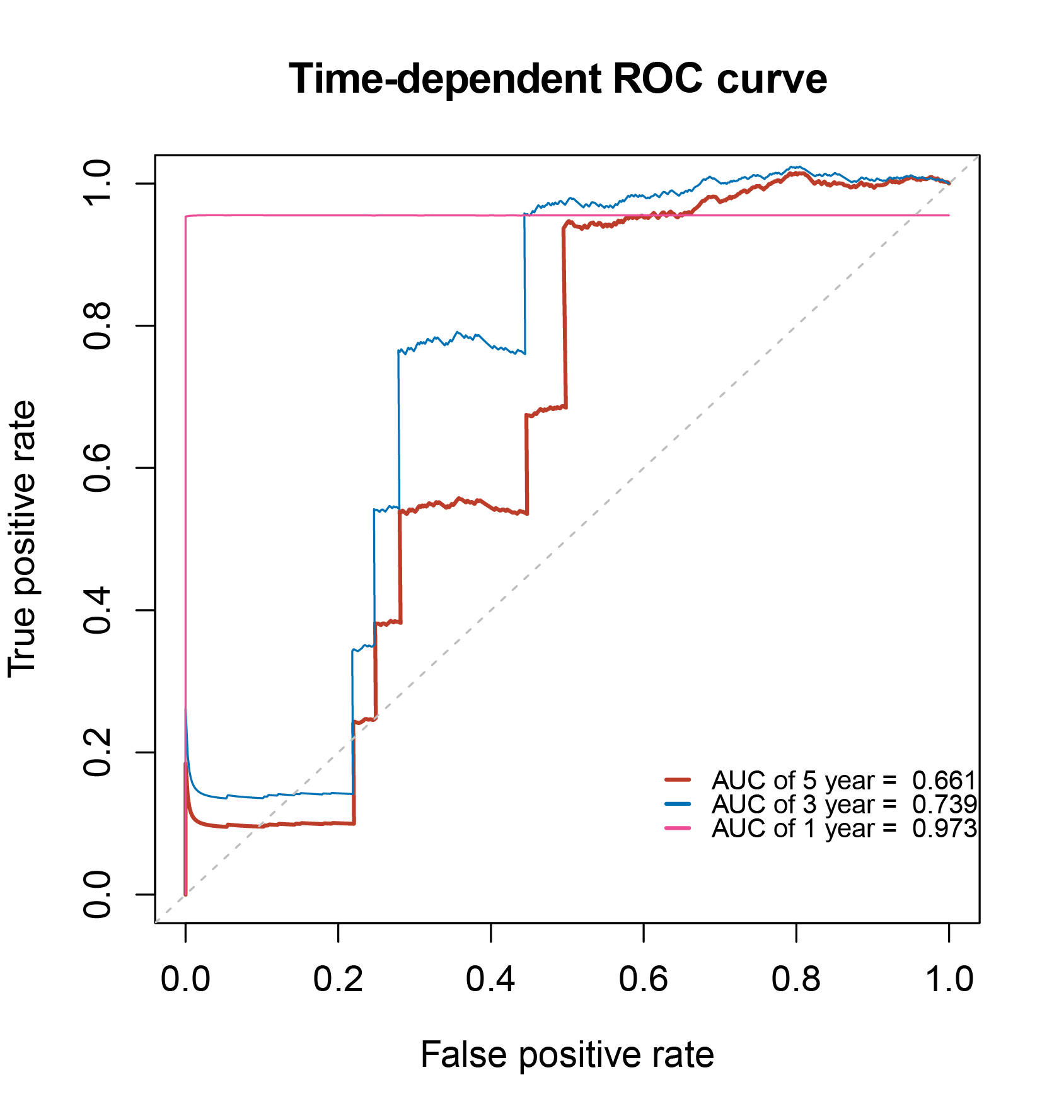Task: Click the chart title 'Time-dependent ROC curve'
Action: (x=557, y=79)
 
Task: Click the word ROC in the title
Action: (x=657, y=79)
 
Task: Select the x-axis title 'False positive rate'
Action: (x=567, y=1054)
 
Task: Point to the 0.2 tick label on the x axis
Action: (x=338, y=980)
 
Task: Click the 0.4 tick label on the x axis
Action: (x=490, y=980)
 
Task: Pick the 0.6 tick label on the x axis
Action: (x=643, y=980)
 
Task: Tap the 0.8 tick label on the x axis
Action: (x=796, y=980)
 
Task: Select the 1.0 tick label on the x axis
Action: (x=948, y=980)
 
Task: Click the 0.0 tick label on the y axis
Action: (x=98, y=894)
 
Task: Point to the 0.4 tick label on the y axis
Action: (x=98, y=610)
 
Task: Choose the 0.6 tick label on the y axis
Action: (x=98, y=468)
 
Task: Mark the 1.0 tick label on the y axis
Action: (x=98, y=183)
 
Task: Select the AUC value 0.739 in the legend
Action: (x=944, y=805)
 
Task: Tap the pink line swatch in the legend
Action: (x=678, y=828)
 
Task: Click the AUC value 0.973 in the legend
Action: (x=944, y=828)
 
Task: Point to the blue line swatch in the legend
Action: (x=678, y=804)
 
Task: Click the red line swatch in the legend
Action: (x=678, y=780)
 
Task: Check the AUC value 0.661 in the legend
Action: (x=944, y=781)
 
